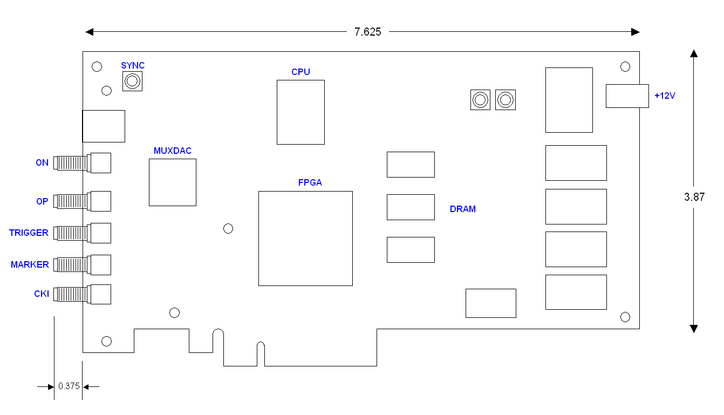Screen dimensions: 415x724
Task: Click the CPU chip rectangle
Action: (x=300, y=112)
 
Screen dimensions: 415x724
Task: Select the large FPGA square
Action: (x=305, y=238)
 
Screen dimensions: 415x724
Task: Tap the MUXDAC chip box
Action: (x=172, y=182)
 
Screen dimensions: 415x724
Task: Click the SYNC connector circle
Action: (x=132, y=81)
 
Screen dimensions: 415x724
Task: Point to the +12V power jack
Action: (x=627, y=96)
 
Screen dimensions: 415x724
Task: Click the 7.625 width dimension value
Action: (x=368, y=32)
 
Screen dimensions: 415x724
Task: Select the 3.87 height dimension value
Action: (x=694, y=197)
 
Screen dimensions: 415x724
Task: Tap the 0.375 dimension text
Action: (x=69, y=386)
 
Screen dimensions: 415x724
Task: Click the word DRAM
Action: (x=463, y=209)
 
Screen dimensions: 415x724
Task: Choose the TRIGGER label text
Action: (x=29, y=233)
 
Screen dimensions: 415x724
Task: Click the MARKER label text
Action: (x=30, y=264)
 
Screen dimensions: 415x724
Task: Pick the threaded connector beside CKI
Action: (x=71, y=294)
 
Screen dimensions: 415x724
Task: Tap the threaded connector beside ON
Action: (x=71, y=162)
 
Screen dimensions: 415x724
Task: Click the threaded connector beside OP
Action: (x=71, y=201)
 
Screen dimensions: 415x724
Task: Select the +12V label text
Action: (x=665, y=96)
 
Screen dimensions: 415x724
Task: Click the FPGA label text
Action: (x=310, y=182)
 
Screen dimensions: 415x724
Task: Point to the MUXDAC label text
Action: (x=173, y=151)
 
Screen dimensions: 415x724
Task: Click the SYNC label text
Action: (x=133, y=65)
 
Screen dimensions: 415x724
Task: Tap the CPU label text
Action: (x=300, y=72)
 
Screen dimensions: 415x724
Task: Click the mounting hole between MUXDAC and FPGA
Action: (x=228, y=228)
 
